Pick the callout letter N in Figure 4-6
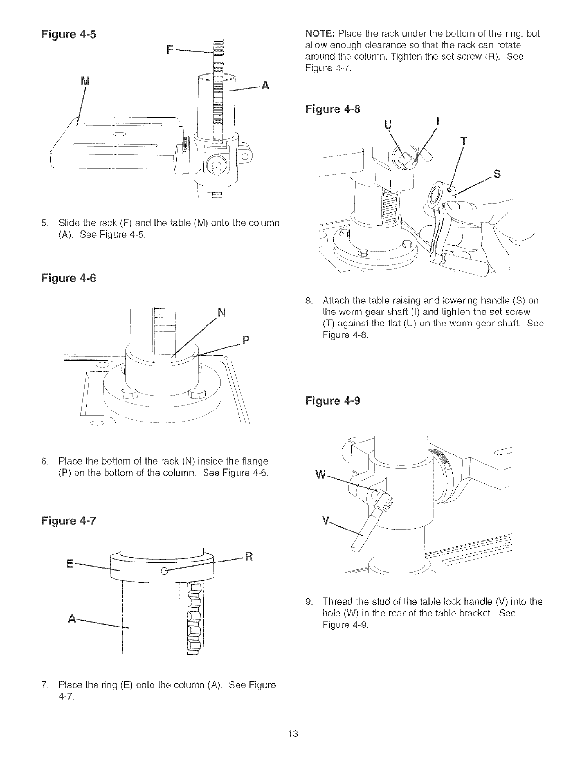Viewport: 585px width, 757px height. coord(221,314)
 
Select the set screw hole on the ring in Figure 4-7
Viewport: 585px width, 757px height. coord(164,571)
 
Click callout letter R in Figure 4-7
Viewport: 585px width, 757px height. coord(248,556)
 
